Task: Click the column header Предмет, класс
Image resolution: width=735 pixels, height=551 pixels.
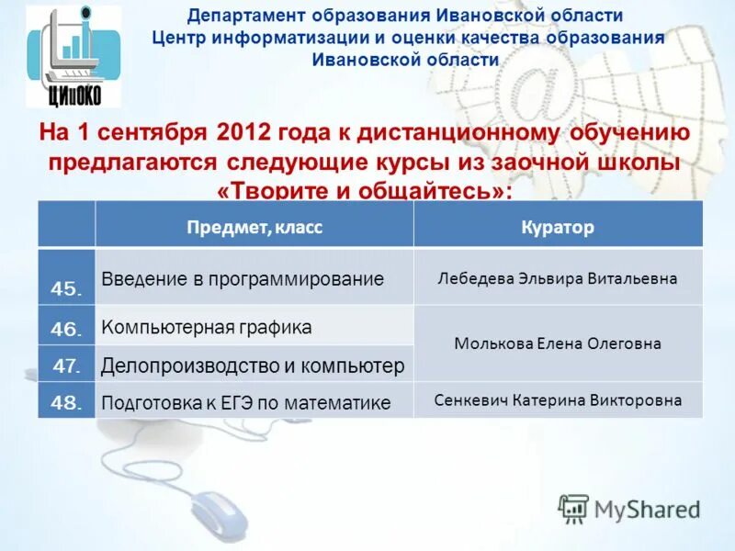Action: pyautogui.click(x=254, y=227)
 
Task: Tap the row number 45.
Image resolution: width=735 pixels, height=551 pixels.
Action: pyautogui.click(x=67, y=288)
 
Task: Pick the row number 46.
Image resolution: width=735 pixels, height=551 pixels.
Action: pyautogui.click(x=67, y=327)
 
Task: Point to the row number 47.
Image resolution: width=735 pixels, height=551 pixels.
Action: pyautogui.click(x=67, y=365)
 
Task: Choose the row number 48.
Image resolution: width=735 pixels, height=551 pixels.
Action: pyautogui.click(x=67, y=401)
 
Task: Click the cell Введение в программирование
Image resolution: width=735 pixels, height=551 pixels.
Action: pyautogui.click(x=243, y=278)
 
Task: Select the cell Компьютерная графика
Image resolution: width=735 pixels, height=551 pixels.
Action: pyautogui.click(x=207, y=327)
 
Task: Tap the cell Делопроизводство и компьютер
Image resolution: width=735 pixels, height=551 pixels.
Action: pyautogui.click(x=253, y=365)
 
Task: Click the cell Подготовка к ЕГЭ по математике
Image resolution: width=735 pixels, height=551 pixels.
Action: pyautogui.click(x=246, y=402)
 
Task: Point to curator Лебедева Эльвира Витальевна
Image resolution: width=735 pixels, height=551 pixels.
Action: pyautogui.click(x=558, y=278)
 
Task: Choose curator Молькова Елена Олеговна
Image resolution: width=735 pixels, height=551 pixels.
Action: pyautogui.click(x=558, y=343)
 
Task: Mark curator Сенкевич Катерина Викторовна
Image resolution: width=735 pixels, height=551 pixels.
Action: pyautogui.click(x=558, y=400)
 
